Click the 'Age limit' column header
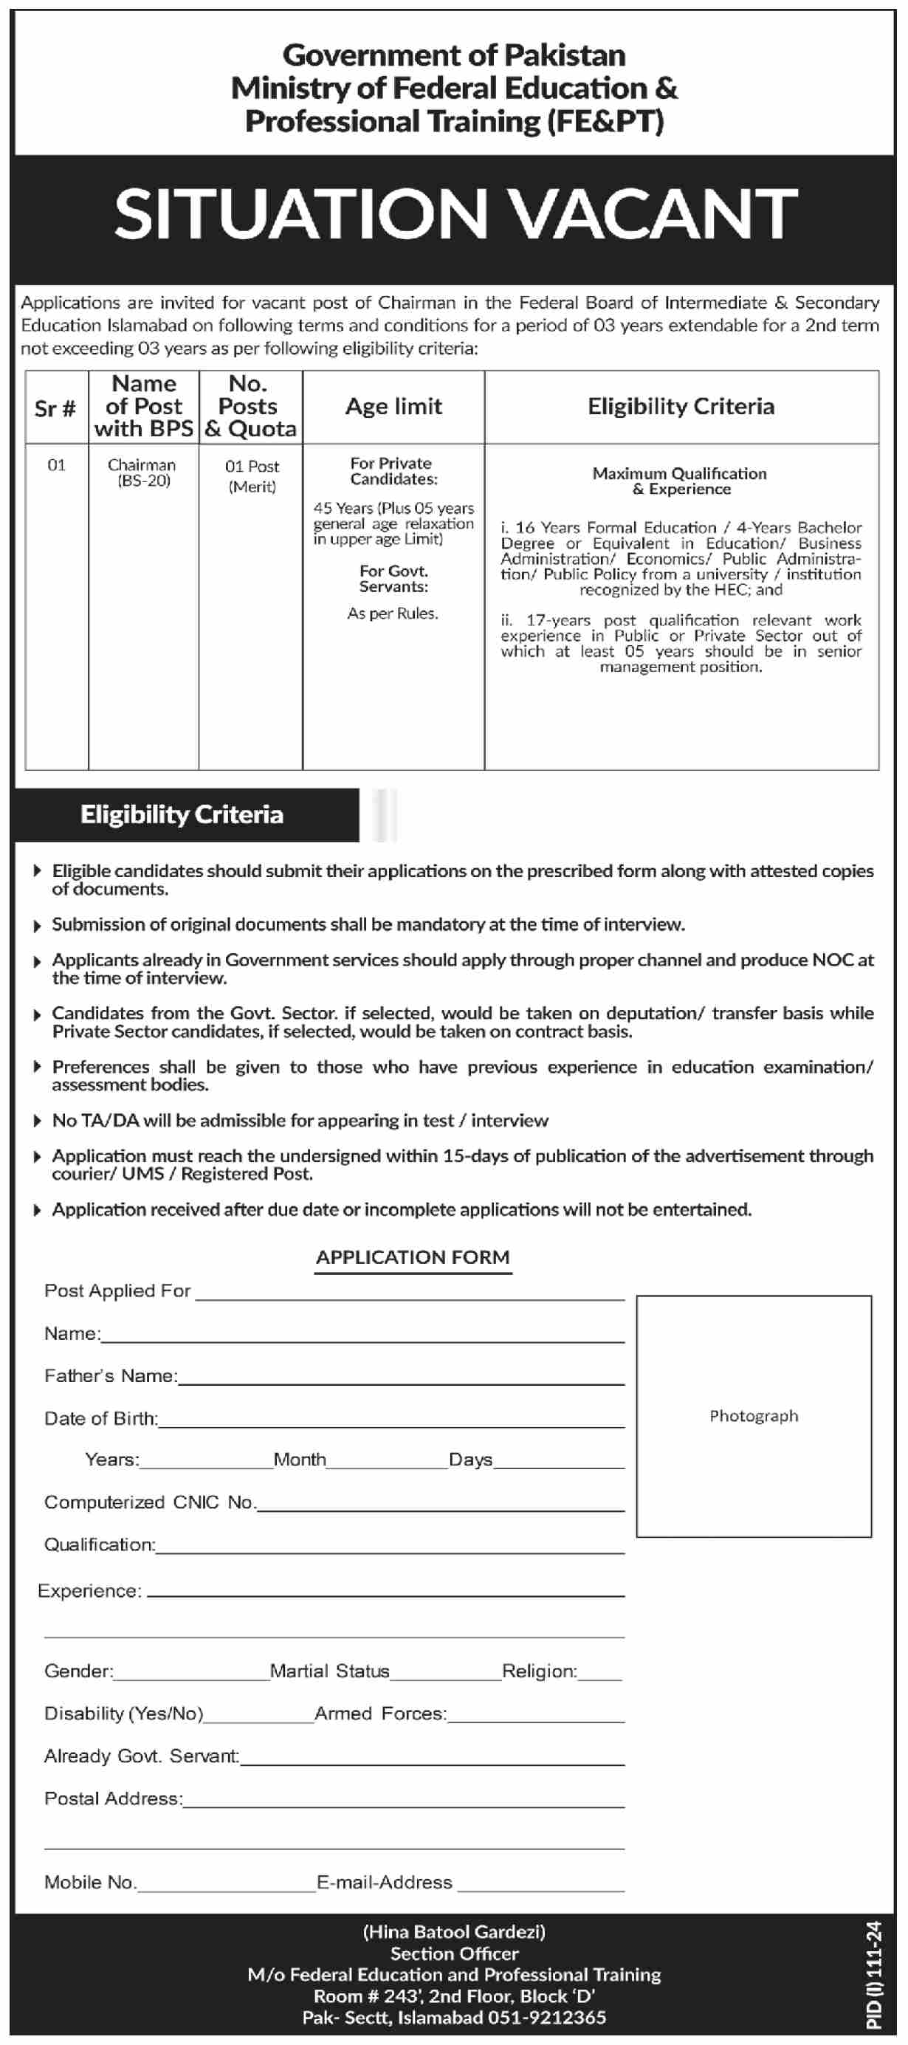tap(393, 407)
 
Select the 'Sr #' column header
tap(55, 409)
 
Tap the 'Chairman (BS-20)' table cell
tap(142, 472)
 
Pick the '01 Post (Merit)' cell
tap(252, 475)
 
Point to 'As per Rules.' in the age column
tap(392, 613)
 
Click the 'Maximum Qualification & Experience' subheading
tap(680, 481)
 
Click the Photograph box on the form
tap(753, 1416)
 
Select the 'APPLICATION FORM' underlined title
tap(413, 1257)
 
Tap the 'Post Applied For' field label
tap(117, 1290)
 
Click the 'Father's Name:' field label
tap(110, 1376)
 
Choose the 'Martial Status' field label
tap(329, 1671)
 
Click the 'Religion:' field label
tap(540, 1671)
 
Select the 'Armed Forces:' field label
tap(381, 1714)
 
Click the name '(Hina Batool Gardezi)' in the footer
tap(454, 1932)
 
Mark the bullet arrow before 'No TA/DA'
tap(36, 1120)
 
